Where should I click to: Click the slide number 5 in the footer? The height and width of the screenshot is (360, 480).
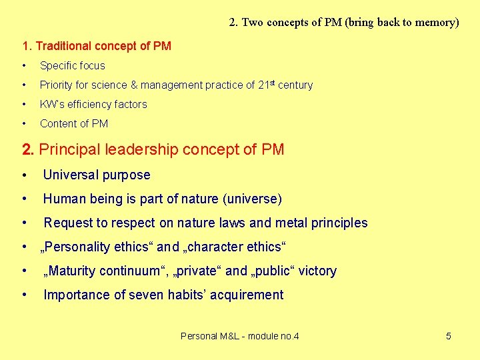pyautogui.click(x=448, y=336)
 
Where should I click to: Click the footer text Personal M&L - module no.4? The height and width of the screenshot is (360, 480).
pyautogui.click(x=240, y=336)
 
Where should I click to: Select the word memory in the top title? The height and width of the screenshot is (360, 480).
pyautogui.click(x=435, y=22)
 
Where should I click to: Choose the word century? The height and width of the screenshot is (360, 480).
pyautogui.click(x=296, y=85)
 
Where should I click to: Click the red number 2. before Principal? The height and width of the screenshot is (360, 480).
pyautogui.click(x=29, y=149)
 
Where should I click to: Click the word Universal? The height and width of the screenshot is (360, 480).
pyautogui.click(x=71, y=175)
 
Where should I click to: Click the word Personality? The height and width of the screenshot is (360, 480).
pyautogui.click(x=78, y=247)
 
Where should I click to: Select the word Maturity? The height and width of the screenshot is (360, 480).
pyautogui.click(x=74, y=271)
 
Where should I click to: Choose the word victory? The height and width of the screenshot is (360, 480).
pyautogui.click(x=317, y=271)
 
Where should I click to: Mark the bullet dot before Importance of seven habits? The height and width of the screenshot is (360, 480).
pyautogui.click(x=24, y=295)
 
